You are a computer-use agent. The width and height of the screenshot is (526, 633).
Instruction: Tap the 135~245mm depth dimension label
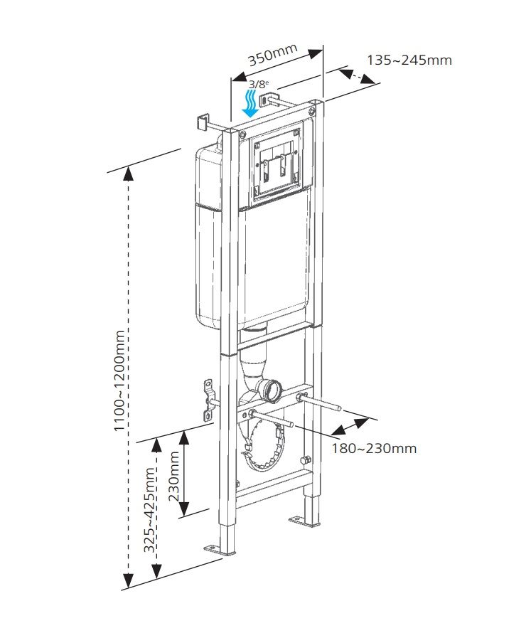click(409, 60)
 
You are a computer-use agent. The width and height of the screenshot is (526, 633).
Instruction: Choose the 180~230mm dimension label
click(374, 448)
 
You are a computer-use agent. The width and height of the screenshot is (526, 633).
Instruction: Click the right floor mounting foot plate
click(302, 521)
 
